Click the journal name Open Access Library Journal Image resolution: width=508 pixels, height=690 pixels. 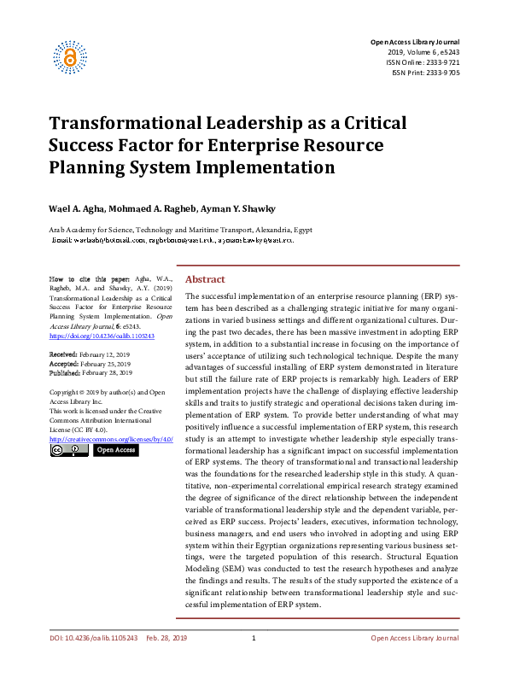tap(414, 42)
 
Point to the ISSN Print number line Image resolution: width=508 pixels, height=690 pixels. tap(425, 73)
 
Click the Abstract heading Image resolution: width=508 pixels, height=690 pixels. tap(205, 280)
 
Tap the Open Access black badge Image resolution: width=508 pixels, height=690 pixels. tap(115, 450)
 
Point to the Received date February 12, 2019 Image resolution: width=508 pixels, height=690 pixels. tap(89, 353)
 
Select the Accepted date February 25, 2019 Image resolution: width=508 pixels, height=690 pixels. tap(90, 363)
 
